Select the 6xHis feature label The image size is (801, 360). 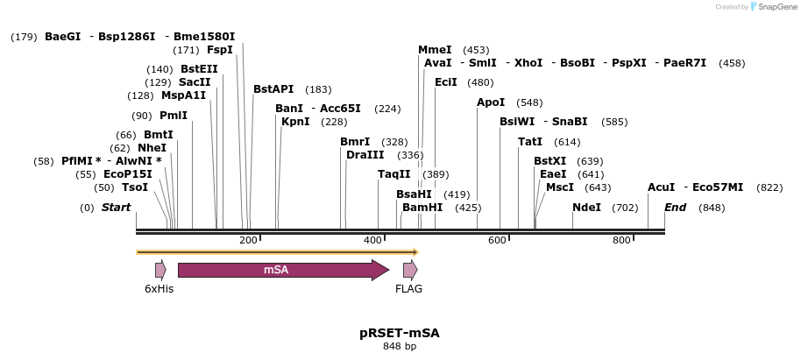coord(159,288)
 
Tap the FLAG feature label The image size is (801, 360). coord(408,288)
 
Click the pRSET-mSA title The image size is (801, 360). coord(400,334)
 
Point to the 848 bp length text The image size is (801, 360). coord(400,347)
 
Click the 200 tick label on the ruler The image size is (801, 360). coord(248,240)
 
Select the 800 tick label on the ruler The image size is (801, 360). coord(621,240)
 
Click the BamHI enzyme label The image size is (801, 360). coord(422,208)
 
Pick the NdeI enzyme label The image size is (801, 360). coord(586,208)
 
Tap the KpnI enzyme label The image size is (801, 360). coord(295,122)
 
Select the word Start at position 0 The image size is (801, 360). coord(116,208)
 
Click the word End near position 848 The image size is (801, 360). coord(675,208)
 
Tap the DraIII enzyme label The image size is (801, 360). coord(365,155)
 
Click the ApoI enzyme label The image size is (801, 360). coord(491,102)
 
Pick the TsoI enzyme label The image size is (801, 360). coord(135,187)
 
